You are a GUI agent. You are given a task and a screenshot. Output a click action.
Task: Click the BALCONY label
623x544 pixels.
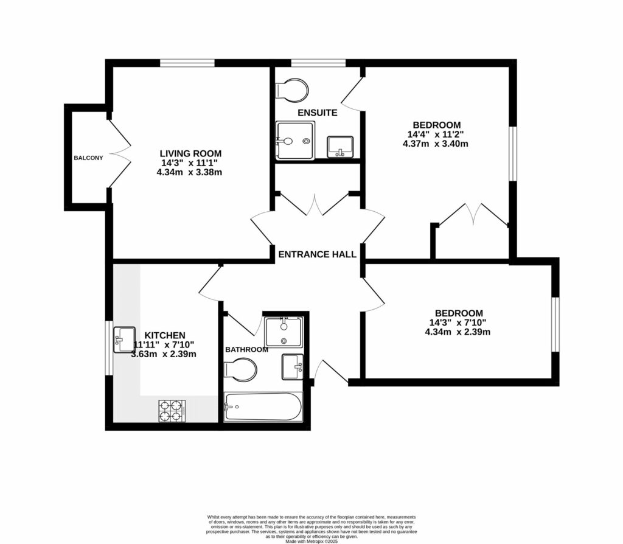coord(88,158)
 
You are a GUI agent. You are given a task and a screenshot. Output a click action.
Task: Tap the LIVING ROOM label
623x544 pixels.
coord(190,153)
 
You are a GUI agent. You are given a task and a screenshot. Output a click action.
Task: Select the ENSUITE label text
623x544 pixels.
coord(317,113)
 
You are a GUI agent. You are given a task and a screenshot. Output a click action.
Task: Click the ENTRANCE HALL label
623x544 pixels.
coord(317,254)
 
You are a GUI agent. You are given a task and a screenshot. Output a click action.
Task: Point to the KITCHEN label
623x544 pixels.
coord(164,335)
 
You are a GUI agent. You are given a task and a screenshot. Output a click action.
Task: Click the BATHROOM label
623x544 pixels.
coord(246,350)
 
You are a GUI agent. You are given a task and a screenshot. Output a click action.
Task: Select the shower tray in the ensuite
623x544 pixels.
coord(295,141)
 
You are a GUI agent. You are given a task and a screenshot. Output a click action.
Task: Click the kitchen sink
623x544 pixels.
coord(125,339)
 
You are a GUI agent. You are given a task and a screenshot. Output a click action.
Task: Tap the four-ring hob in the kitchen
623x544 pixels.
coord(172,411)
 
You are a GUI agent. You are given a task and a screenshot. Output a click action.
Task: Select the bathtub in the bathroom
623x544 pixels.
coord(262,407)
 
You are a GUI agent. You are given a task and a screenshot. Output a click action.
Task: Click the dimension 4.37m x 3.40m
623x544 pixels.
coord(435,144)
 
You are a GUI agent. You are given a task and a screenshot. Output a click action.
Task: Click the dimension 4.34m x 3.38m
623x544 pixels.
coord(189,172)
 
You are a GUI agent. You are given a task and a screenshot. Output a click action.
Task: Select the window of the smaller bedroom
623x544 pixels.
coord(555,324)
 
